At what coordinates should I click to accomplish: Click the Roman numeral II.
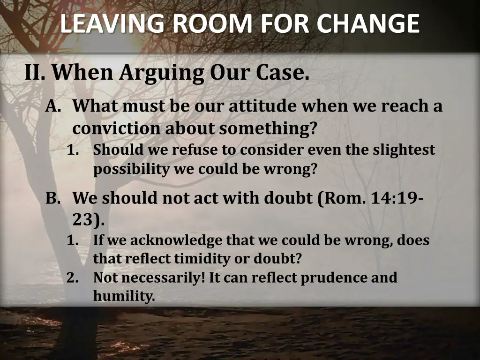[35, 73]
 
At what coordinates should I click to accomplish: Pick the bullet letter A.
[53, 106]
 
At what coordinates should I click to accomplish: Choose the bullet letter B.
[53, 198]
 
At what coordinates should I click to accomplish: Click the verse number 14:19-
[397, 198]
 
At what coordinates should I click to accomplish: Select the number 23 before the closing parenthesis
[83, 219]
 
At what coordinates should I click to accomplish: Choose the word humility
[123, 296]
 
